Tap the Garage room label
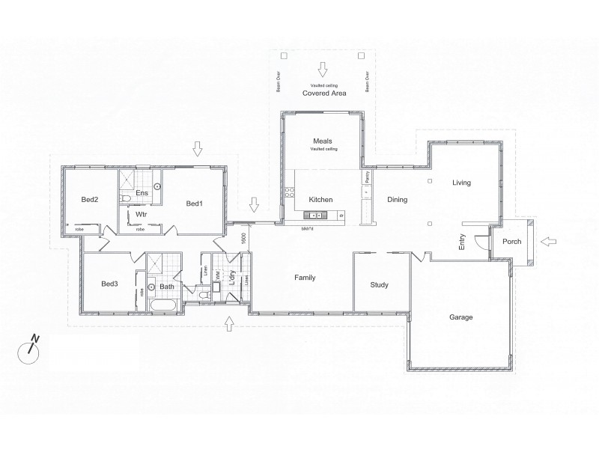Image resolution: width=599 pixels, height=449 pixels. (x=460, y=317)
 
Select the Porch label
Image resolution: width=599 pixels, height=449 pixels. (x=511, y=242)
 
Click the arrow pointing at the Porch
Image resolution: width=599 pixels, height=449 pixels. (x=548, y=241)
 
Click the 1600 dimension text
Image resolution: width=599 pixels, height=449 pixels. (x=243, y=238)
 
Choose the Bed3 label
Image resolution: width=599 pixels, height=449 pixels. (x=110, y=284)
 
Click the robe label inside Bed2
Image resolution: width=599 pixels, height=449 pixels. (x=79, y=229)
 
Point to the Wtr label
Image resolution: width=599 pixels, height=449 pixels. (x=140, y=215)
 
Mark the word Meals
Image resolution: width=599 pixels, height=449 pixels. (x=322, y=141)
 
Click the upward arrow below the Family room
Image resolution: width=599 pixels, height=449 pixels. (x=229, y=323)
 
